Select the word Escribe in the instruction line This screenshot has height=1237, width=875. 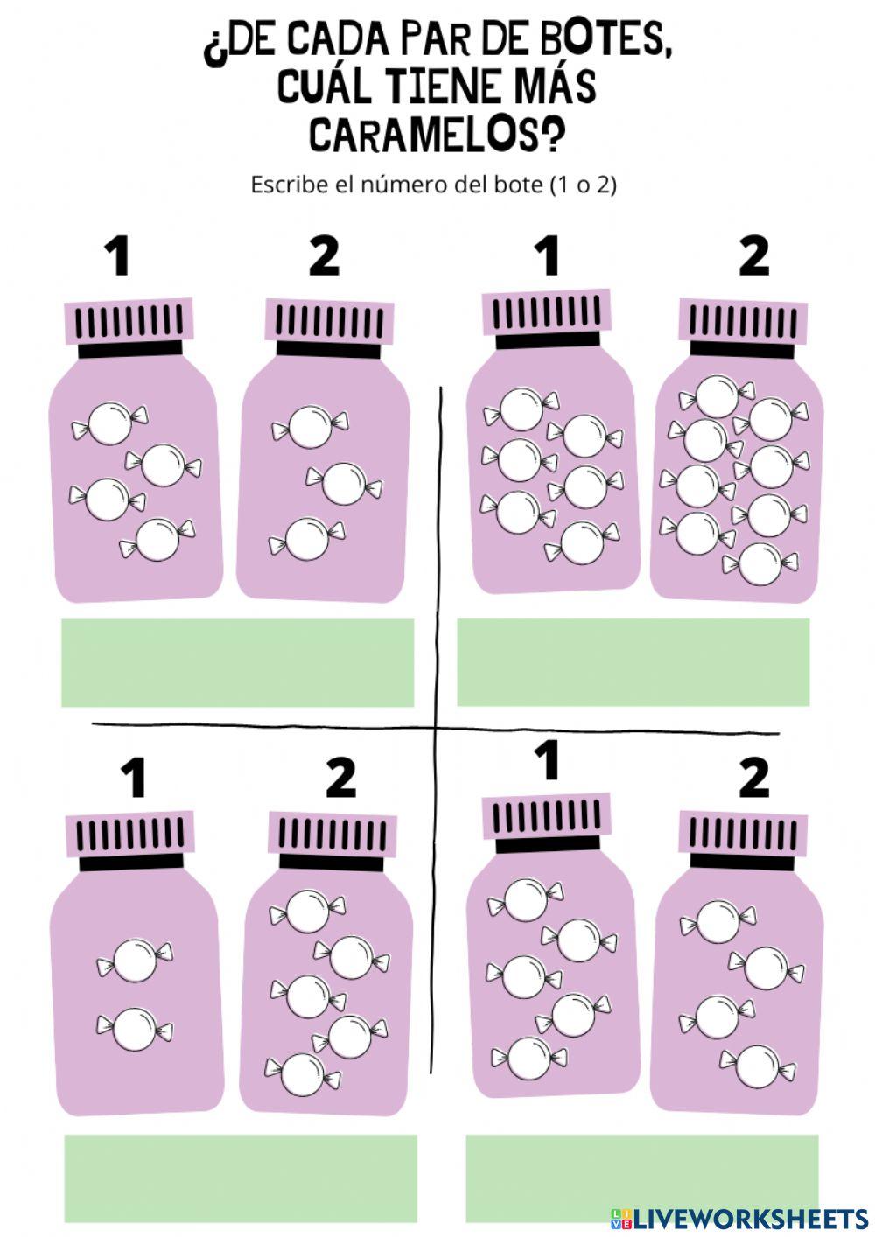[x=289, y=185]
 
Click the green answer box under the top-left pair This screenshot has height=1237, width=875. [x=237, y=663]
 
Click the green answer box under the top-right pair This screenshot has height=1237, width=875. [x=633, y=662]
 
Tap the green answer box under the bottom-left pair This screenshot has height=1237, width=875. [x=241, y=1178]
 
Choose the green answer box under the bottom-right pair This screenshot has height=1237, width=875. [x=642, y=1178]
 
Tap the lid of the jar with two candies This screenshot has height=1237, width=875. [x=130, y=835]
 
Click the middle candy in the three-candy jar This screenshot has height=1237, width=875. [x=344, y=484]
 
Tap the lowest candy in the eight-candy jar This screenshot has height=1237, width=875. [x=760, y=564]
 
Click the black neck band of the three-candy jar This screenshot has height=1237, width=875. [x=329, y=350]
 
